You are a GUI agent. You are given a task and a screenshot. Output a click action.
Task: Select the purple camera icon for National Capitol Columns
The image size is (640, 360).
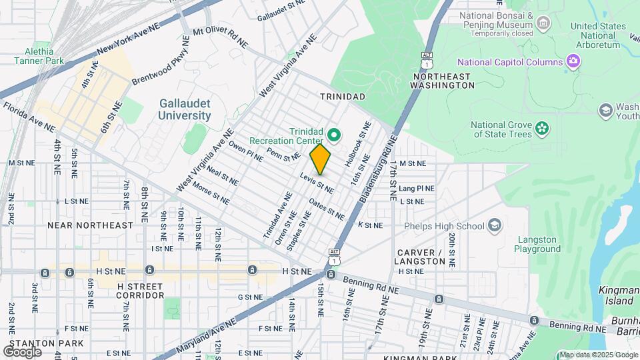573,63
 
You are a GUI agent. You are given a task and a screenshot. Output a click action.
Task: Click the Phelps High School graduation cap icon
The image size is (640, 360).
494,225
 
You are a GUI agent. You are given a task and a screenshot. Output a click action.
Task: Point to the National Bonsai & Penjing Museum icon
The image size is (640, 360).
543,24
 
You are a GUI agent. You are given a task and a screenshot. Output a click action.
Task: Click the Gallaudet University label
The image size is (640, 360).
185,109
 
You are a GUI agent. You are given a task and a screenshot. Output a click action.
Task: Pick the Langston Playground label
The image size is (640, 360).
537,244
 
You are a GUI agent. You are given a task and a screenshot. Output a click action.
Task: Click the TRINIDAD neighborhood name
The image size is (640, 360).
342,97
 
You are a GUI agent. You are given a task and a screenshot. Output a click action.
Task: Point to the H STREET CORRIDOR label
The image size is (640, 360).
140,290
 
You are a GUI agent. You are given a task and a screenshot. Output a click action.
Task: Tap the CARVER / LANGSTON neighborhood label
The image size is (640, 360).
429,257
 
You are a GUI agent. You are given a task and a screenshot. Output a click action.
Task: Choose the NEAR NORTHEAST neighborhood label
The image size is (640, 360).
90,225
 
